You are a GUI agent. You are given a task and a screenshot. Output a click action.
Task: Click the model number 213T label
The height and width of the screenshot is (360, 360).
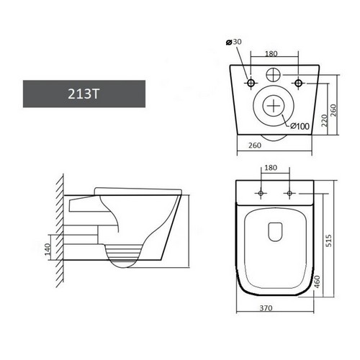coord(84,94)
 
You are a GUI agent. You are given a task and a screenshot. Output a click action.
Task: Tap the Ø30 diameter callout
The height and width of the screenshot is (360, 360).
coord(234,42)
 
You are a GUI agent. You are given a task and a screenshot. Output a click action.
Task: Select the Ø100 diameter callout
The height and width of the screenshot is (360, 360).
coord(300,126)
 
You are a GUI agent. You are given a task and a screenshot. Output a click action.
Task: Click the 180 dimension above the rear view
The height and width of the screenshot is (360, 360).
coord(271,54)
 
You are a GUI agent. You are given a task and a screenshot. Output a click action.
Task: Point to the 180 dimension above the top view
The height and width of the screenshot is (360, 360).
coord(271,168)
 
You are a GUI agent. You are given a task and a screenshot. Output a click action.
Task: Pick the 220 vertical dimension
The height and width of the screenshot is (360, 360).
coord(324,121)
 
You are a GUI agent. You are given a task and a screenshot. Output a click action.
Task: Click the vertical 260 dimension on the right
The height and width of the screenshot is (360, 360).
coord(334,110)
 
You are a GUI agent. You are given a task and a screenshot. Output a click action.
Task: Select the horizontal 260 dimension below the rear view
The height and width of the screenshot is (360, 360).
coord(255,145)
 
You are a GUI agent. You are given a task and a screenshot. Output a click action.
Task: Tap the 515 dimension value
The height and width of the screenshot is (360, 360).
coord(329,240)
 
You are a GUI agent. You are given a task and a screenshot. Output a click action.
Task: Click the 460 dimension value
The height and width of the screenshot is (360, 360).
coord(317,282)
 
